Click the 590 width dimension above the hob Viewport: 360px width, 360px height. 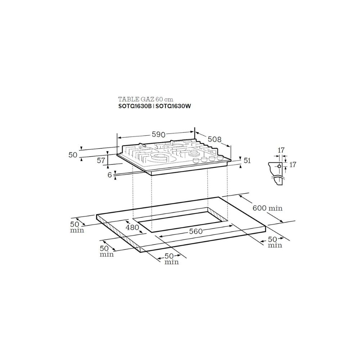(x=158, y=134)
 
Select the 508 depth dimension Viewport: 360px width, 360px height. (x=214, y=139)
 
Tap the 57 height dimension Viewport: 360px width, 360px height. (x=101, y=161)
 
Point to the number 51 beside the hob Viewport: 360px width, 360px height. (x=247, y=161)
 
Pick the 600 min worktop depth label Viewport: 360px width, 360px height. (x=267, y=208)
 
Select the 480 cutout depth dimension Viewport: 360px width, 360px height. (x=132, y=228)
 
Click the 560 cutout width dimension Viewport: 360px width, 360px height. (x=195, y=231)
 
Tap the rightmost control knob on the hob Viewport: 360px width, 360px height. (x=220, y=158)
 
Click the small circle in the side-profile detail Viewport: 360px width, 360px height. (x=279, y=166)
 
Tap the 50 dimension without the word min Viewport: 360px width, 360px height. (x=73, y=154)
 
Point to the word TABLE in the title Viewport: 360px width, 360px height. (x=127, y=99)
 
